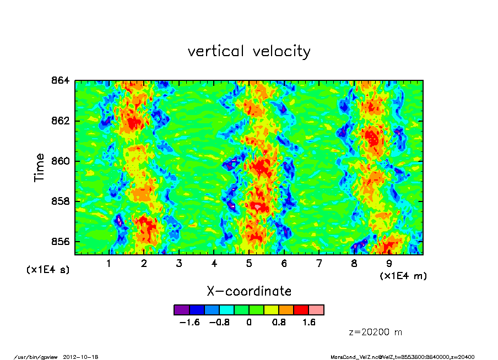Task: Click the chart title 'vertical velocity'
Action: [249, 51]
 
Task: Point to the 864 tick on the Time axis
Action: [61, 80]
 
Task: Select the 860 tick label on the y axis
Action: [61, 161]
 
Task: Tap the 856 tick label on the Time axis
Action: [61, 242]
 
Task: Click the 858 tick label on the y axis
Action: [61, 201]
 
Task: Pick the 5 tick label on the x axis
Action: [249, 263]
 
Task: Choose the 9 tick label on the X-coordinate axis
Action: [389, 263]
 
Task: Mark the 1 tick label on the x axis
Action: [109, 263]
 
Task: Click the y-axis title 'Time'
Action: [39, 167]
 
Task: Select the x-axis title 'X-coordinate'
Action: [249, 291]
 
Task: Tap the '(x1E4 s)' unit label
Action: [48, 270]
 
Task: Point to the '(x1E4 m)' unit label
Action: [403, 276]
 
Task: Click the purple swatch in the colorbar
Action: [181, 310]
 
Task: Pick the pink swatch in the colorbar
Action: [316, 310]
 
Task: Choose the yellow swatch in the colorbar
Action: [272, 310]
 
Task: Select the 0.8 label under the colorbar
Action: [279, 323]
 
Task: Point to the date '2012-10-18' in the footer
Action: [84, 357]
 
